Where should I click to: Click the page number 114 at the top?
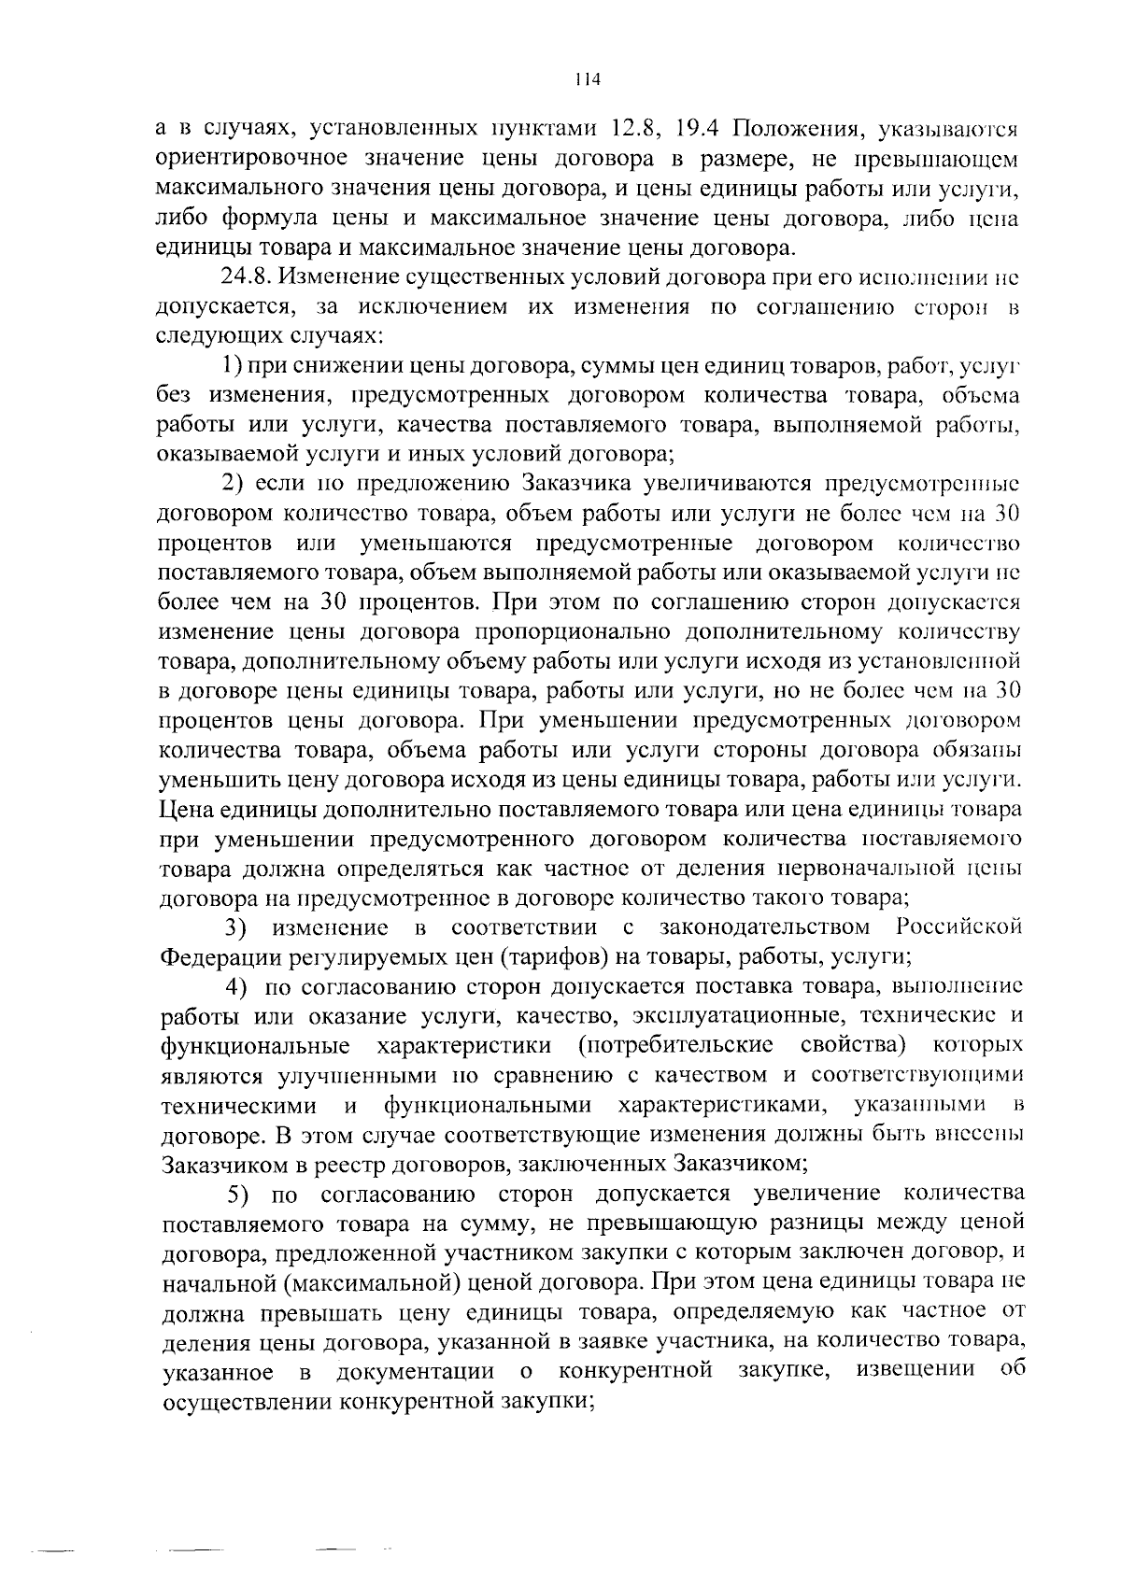click(x=587, y=79)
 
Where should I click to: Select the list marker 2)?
click(x=233, y=484)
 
